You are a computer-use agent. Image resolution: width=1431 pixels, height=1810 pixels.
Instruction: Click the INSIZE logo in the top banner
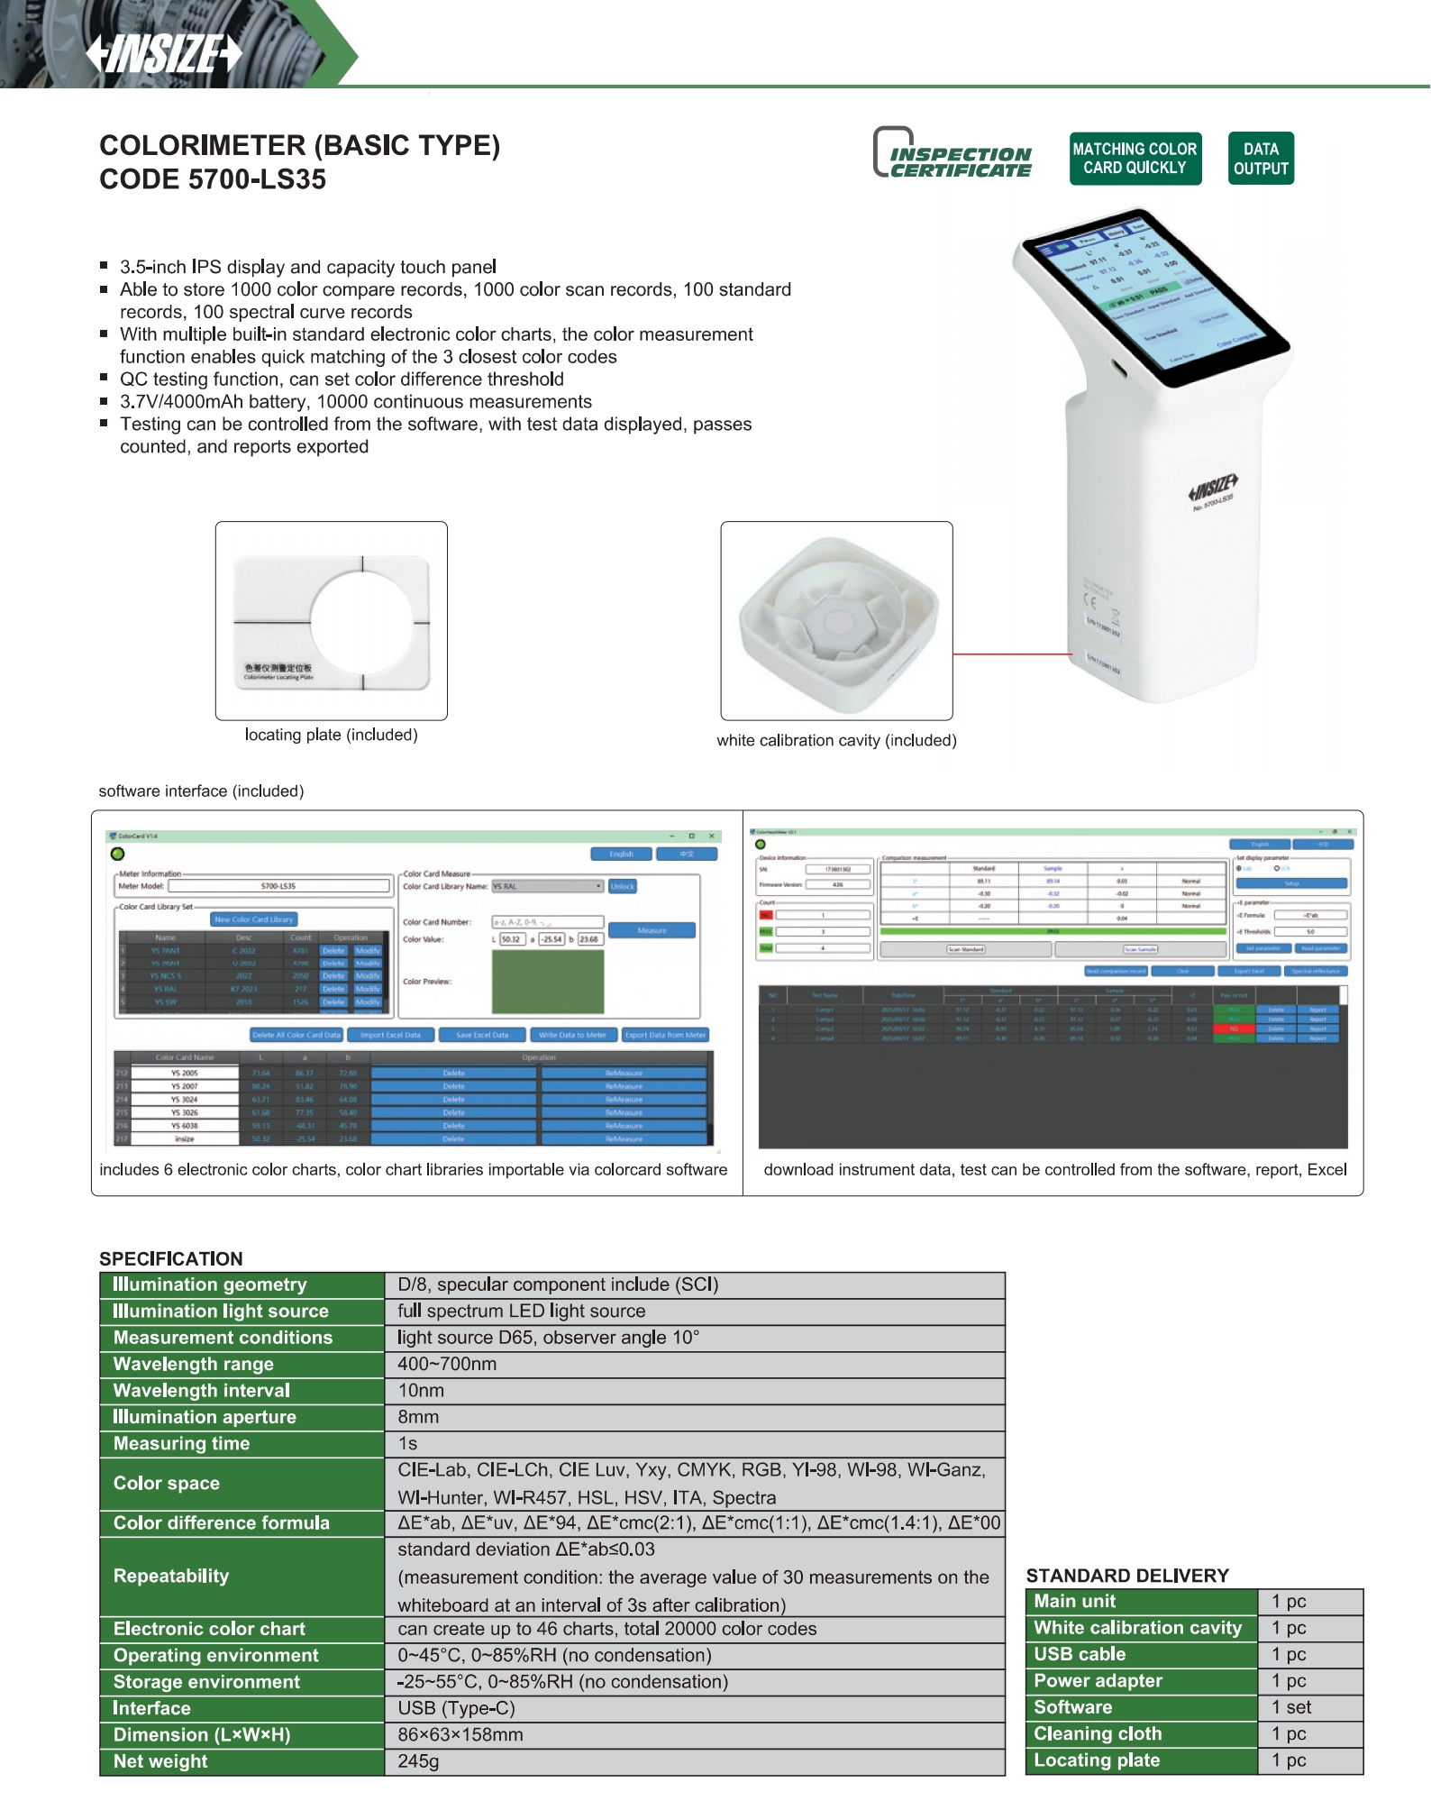coord(164,53)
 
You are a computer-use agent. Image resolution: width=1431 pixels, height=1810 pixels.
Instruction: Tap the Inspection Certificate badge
coord(952,154)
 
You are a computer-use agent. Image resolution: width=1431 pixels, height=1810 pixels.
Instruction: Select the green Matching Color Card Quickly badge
coord(1135,159)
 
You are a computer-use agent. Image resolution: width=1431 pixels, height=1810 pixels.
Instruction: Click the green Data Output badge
coord(1260,159)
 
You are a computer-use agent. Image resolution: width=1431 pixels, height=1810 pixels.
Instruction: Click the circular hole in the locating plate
coord(361,621)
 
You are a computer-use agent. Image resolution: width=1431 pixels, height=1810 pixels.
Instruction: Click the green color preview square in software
coord(547,982)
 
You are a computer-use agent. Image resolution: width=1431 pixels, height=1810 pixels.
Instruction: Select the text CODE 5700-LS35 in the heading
coord(213,179)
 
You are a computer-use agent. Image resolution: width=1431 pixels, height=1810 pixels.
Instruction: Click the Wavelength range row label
coord(194,1364)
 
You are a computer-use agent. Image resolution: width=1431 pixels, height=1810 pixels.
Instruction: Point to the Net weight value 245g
coord(418,1761)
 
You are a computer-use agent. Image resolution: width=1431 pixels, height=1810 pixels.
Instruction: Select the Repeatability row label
coord(171,1576)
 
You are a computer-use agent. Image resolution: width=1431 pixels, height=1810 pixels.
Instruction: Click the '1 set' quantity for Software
coord(1290,1707)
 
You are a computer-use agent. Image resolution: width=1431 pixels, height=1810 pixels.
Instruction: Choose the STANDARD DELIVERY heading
coord(1126,1576)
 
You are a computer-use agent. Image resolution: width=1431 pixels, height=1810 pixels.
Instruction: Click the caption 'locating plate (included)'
coord(331,735)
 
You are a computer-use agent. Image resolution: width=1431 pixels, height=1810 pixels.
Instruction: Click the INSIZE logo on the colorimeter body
coord(1213,487)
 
